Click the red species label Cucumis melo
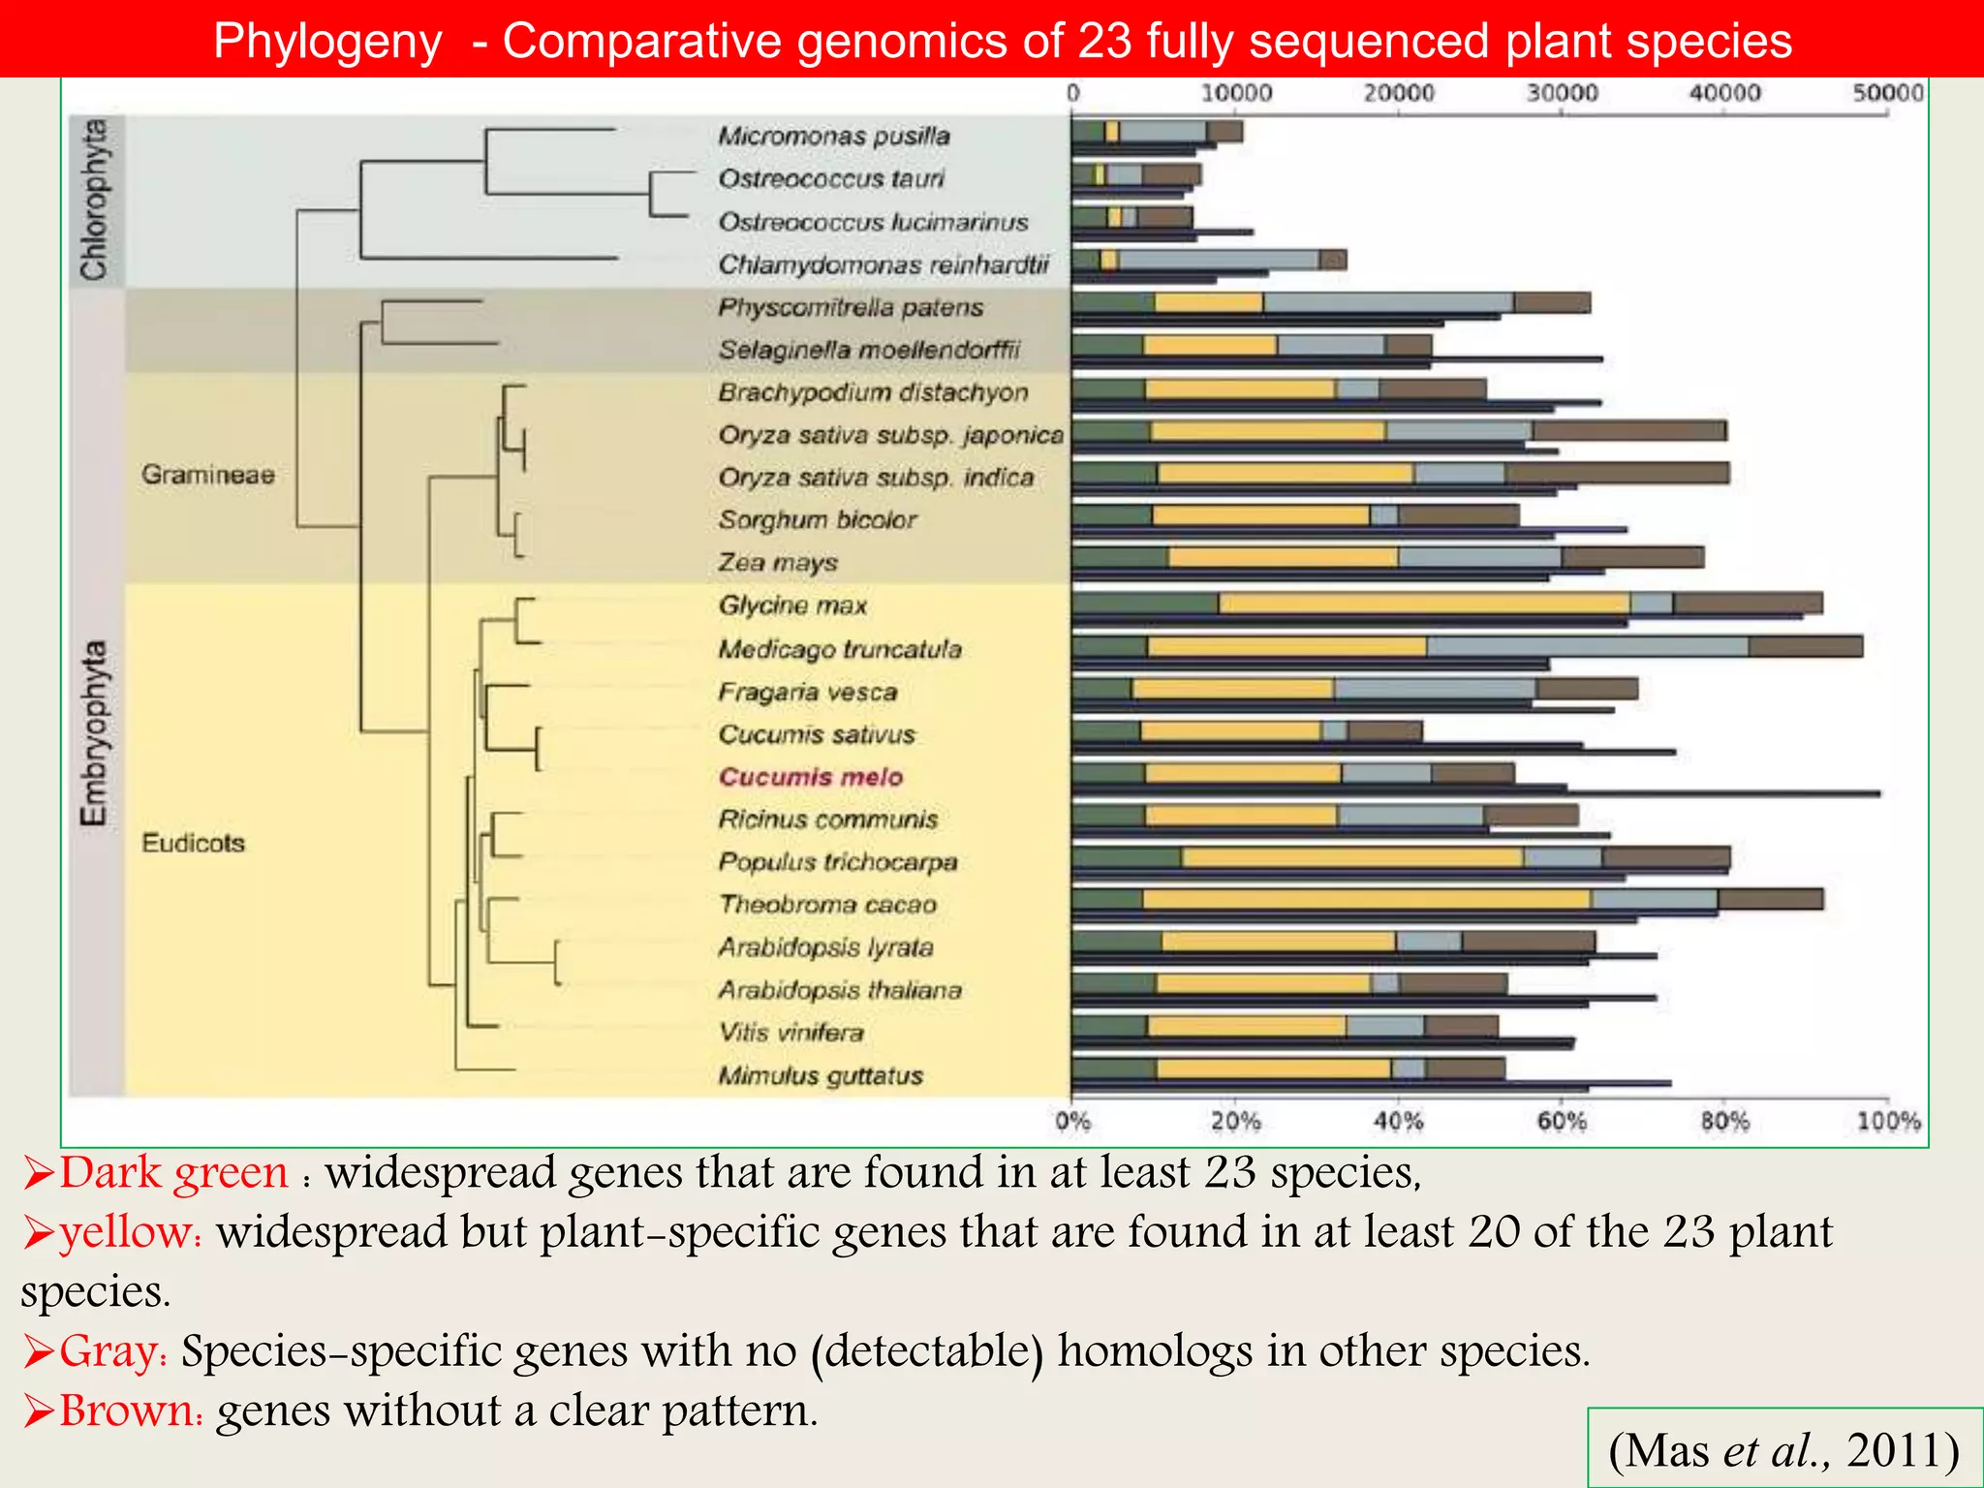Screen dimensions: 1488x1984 811,777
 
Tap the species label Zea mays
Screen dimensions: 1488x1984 778,563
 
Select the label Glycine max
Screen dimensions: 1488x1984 792,605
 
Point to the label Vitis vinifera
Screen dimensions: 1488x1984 790,1033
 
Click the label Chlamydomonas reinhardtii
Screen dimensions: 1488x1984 883,264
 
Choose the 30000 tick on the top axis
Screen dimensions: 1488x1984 1561,93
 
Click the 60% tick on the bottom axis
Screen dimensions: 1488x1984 1561,1122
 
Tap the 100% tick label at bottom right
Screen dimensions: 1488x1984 1887,1122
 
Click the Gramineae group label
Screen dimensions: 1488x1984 207,475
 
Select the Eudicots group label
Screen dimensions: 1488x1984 193,843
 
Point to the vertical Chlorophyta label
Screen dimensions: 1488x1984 95,200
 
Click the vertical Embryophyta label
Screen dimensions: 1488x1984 95,733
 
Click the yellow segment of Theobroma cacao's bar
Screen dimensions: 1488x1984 1366,899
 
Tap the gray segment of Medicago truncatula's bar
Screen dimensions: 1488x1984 1587,646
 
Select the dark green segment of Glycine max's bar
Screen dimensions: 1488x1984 1145,604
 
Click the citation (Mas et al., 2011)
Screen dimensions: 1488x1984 1783,1450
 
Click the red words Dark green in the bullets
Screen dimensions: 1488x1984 174,1172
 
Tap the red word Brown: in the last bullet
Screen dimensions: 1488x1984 132,1410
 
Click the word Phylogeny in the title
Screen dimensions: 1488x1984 327,42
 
